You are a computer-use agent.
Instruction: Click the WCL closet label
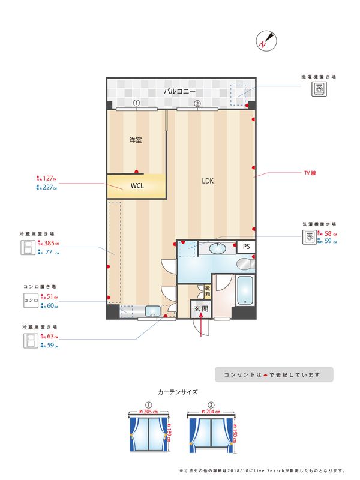coord(137,187)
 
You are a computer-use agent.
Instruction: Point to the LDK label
coord(208,181)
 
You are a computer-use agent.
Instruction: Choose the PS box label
coord(245,247)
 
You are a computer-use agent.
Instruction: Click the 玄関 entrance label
coord(201,310)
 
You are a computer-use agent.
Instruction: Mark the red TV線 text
coord(310,173)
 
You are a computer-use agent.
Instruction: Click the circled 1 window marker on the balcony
coord(137,103)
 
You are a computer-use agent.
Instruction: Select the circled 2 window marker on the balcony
coord(197,103)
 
